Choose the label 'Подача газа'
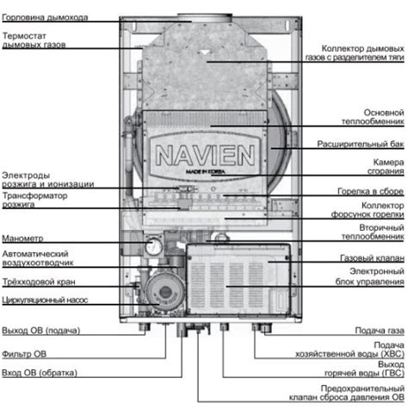pos(379,330)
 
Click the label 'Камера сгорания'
pos(387,168)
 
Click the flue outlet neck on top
pos(204,15)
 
